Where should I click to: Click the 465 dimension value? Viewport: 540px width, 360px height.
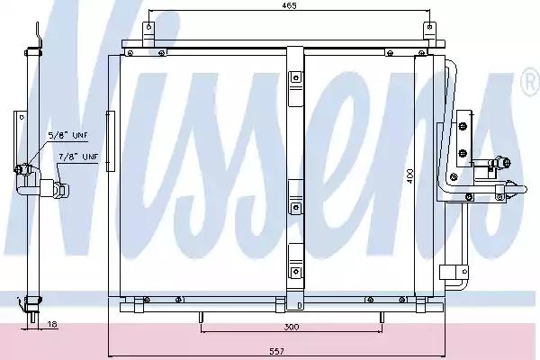(x=289, y=5)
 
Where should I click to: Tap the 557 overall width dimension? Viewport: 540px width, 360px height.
(x=277, y=351)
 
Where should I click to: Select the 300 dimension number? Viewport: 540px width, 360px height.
(x=292, y=327)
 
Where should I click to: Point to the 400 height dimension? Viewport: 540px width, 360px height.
(x=409, y=175)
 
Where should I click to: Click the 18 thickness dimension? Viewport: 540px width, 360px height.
(x=52, y=324)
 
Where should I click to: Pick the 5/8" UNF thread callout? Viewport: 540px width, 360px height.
(x=67, y=135)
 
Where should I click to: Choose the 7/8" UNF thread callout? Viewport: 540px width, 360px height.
(x=78, y=157)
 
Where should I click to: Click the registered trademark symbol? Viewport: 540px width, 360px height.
(x=531, y=83)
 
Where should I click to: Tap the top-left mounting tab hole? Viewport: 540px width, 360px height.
(x=148, y=26)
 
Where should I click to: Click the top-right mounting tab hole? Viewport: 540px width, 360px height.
(x=429, y=26)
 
